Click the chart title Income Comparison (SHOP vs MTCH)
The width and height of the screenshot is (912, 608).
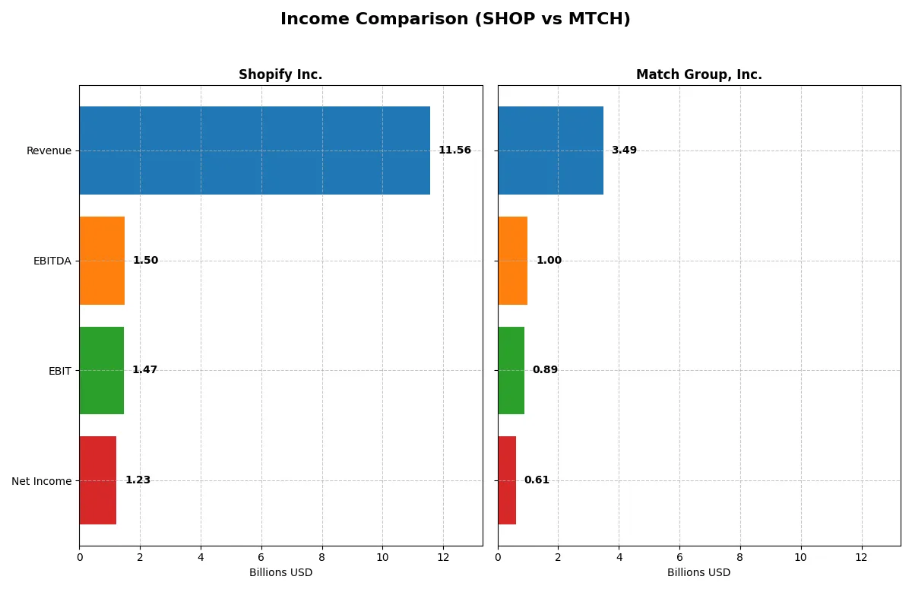tap(455, 20)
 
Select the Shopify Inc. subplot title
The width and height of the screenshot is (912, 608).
tap(280, 74)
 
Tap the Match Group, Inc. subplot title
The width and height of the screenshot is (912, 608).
tap(698, 74)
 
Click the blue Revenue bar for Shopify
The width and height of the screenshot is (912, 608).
tap(255, 150)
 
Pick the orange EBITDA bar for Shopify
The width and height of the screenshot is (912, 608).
tap(102, 261)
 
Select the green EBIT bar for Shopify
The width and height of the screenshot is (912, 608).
tap(101, 371)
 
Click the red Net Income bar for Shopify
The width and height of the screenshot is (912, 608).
tap(98, 480)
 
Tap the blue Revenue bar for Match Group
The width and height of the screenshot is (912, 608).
tap(550, 150)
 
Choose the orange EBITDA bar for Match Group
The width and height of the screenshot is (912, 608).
tap(513, 261)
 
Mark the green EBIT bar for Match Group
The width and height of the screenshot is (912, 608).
tap(511, 371)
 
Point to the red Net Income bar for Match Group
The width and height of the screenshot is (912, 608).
tap(507, 480)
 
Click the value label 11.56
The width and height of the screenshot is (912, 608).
tap(454, 150)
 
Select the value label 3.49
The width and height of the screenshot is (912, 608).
tap(624, 150)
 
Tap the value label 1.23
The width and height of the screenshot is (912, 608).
tap(138, 480)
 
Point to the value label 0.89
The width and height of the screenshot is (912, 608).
tap(545, 370)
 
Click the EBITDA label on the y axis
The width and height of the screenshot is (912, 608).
tap(52, 261)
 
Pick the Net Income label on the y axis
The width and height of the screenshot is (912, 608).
tap(41, 481)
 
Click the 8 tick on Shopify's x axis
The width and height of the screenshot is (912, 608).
tap(322, 557)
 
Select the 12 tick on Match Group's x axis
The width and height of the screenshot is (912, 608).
tap(861, 557)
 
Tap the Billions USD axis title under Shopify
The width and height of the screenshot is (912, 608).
tap(280, 573)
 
